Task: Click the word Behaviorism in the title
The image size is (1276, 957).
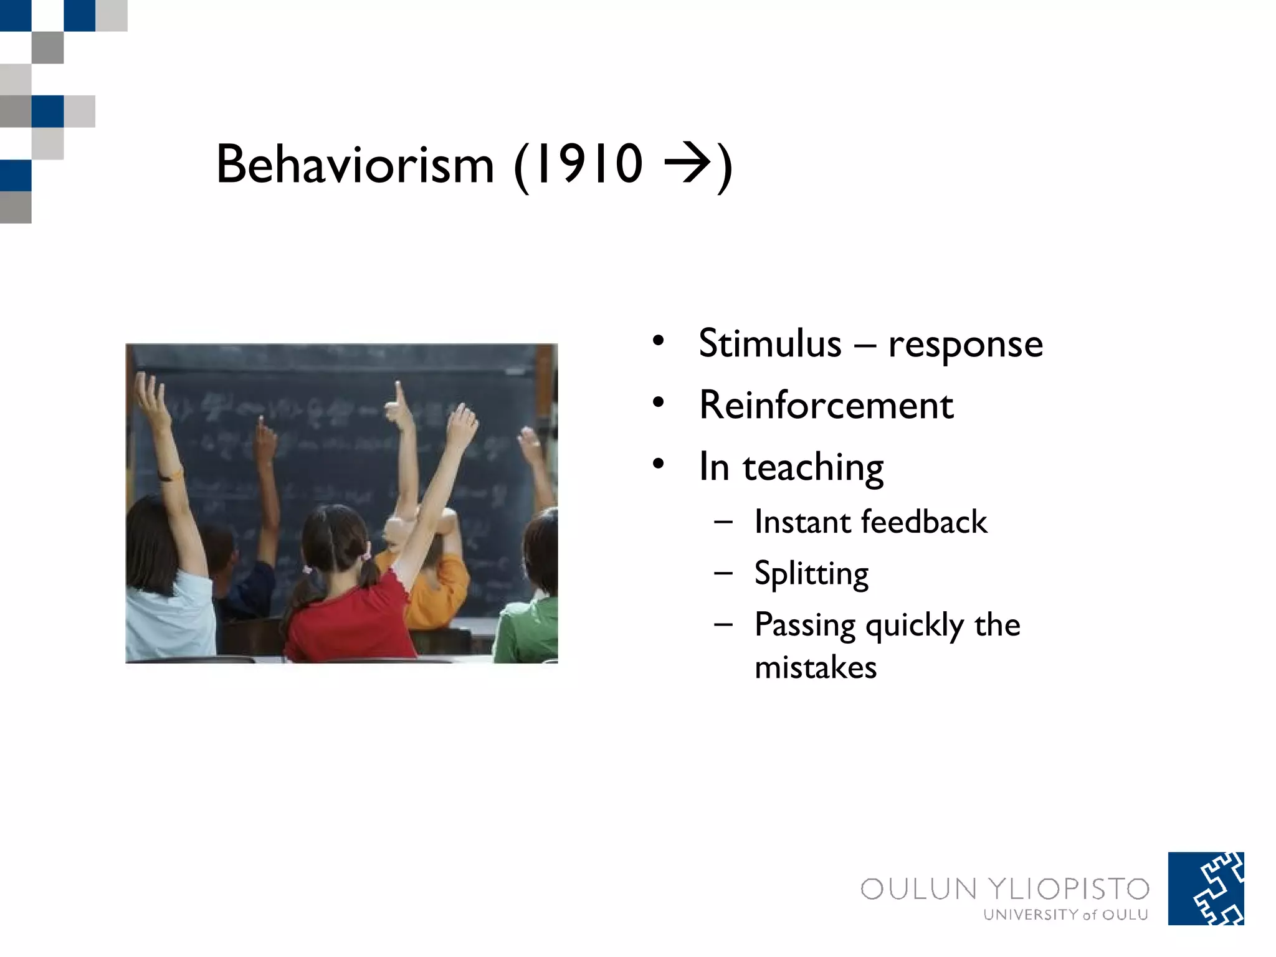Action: [x=355, y=164]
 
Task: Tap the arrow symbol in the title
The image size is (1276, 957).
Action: [x=687, y=163]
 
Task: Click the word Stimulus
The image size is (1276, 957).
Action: [x=770, y=343]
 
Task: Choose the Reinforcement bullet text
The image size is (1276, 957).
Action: [x=826, y=405]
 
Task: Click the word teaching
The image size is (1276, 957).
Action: [x=813, y=467]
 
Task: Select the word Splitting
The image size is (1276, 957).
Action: [x=811, y=573]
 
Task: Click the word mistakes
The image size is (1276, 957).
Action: [x=816, y=667]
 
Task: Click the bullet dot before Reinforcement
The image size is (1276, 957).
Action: [x=659, y=403]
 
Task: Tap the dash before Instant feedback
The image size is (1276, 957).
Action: [x=723, y=521]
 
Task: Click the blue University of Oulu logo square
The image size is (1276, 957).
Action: [x=1206, y=888]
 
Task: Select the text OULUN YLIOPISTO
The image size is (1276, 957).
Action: [x=1004, y=888]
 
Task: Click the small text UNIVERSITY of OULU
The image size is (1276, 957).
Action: [x=1065, y=915]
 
